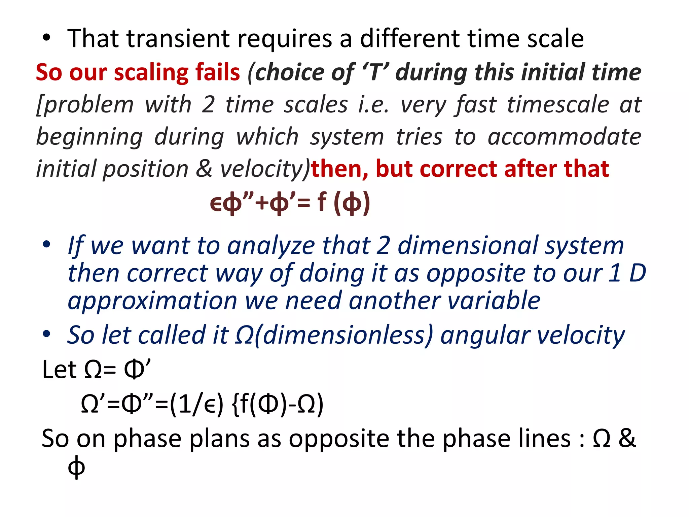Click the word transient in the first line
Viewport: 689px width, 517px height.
point(178,39)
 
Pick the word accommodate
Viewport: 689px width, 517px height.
point(565,137)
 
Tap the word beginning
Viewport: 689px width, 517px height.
point(89,137)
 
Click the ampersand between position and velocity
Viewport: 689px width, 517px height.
point(204,169)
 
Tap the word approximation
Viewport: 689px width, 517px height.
point(152,301)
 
